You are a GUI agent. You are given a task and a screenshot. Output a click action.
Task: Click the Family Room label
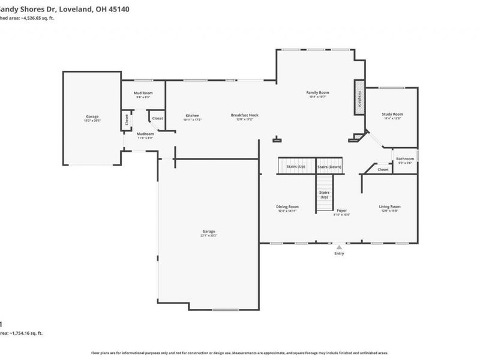pos(318,92)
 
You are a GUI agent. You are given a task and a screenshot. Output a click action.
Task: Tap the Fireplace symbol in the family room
pos(359,98)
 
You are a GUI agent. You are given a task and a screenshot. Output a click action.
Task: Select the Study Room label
pos(392,114)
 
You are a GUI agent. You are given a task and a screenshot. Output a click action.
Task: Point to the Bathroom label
pos(404,158)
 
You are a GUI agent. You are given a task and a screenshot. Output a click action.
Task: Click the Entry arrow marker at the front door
pos(340,247)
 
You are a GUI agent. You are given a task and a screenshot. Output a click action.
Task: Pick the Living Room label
pos(389,206)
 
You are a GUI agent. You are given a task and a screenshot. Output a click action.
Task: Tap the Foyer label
pos(341,210)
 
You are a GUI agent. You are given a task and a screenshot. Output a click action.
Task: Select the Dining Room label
pos(288,206)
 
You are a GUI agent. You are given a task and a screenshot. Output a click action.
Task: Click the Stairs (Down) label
pos(329,166)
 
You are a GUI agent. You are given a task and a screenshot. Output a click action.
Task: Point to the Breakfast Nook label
pos(245,115)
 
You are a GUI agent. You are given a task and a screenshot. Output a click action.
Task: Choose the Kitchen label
pos(192,115)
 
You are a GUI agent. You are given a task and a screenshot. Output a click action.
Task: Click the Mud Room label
pos(143,93)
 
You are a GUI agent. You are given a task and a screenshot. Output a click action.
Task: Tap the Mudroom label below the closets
pos(145,134)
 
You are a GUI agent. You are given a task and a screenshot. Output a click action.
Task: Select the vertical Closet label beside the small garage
pos(127,119)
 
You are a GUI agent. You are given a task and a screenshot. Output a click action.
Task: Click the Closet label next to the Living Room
pos(383,169)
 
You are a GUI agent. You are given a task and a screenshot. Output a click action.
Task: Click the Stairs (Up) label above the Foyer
pos(324,194)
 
